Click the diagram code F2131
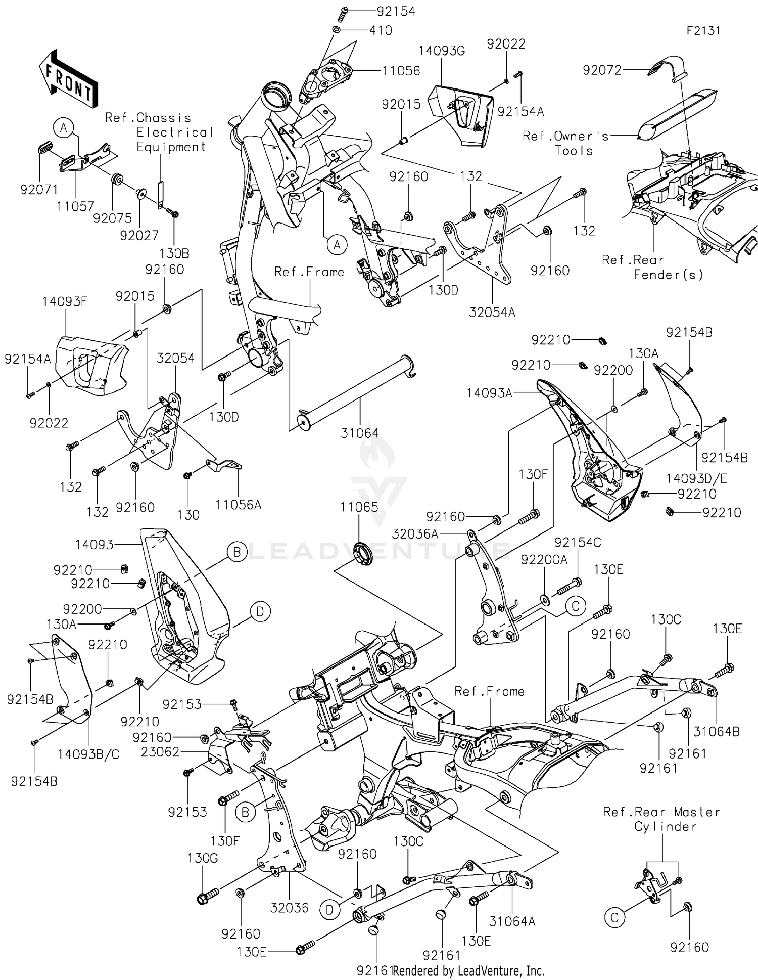[x=703, y=30]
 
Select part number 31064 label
[x=359, y=433]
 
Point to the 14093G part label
[x=442, y=51]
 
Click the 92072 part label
[x=602, y=70]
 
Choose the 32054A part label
[x=492, y=312]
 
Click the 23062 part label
[x=160, y=752]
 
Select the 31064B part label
[x=716, y=731]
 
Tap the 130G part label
[x=202, y=858]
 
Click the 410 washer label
[x=381, y=31]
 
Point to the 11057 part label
[x=75, y=206]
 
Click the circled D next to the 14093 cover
[x=260, y=612]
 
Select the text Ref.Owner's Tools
[x=566, y=143]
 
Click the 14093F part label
[x=64, y=302]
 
